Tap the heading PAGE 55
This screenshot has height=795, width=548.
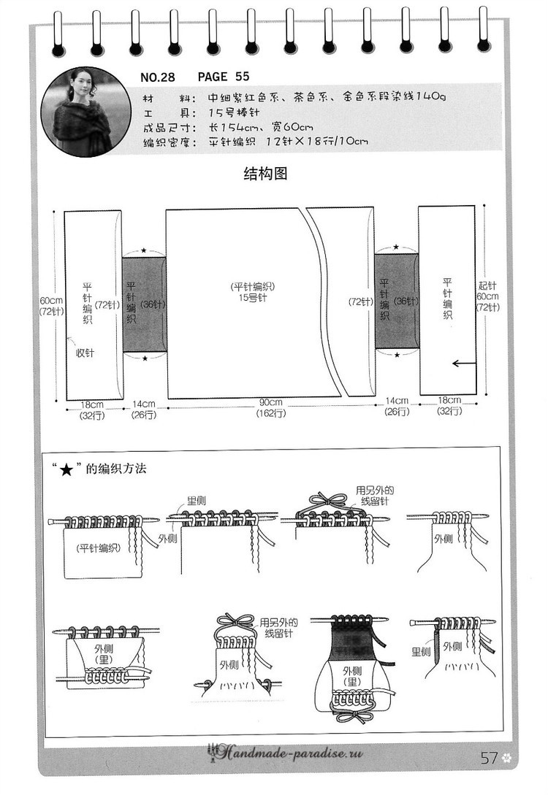(224, 77)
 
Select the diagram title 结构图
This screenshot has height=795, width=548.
(265, 174)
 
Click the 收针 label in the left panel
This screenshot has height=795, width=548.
(85, 353)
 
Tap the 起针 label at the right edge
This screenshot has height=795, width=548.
(487, 286)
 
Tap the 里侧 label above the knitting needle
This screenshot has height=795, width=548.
(197, 500)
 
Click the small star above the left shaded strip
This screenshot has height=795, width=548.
(144, 250)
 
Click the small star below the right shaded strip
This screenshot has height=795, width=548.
(397, 355)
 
